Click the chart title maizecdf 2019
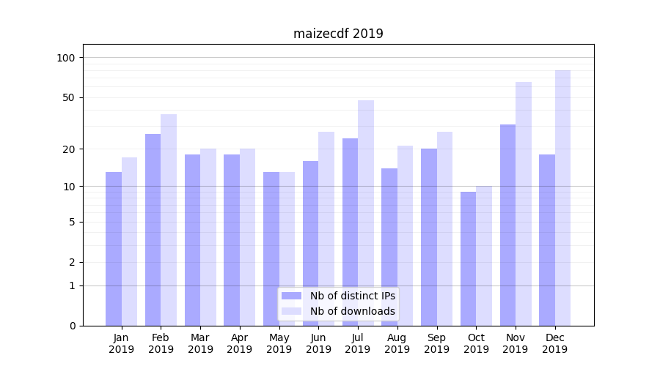338,34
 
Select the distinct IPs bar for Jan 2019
114,249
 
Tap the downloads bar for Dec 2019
562,198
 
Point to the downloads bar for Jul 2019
366,212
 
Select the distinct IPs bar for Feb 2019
153,230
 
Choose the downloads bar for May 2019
287,249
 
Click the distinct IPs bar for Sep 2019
429,237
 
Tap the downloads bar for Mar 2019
208,237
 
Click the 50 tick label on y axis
68,97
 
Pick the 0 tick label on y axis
72,326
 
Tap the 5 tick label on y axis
72,222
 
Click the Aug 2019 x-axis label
397,343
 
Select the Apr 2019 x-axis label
240,343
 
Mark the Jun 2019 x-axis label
318,343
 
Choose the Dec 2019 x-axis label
555,343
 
